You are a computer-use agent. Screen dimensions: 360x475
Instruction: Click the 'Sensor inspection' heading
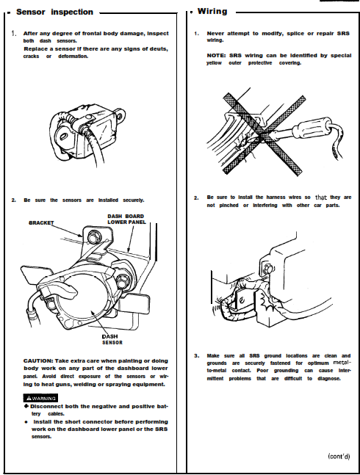click(54, 12)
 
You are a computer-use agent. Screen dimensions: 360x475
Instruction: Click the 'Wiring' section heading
click(212, 12)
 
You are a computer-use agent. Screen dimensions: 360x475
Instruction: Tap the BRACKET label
click(41, 222)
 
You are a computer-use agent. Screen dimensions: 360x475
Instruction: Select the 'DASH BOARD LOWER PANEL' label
click(126, 219)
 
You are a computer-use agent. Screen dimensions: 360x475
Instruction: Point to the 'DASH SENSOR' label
click(112, 339)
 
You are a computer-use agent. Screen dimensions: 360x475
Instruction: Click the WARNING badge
click(40, 398)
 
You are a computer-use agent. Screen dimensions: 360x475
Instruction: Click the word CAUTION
click(38, 360)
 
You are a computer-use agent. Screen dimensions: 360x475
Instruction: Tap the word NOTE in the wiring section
click(216, 56)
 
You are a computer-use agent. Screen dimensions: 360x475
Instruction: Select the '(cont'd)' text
click(339, 456)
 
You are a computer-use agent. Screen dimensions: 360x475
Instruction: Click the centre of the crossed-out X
click(264, 134)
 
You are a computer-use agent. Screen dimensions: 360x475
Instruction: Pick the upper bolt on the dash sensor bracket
click(93, 236)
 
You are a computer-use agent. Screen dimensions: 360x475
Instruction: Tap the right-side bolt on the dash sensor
click(122, 280)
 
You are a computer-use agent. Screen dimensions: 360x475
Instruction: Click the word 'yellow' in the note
click(214, 63)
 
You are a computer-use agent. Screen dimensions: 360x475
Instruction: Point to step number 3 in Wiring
click(197, 356)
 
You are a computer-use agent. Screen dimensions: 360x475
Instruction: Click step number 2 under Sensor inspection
click(14, 200)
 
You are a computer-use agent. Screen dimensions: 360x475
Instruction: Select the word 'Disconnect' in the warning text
click(47, 406)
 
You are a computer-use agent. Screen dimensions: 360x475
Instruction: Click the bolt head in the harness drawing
click(268, 269)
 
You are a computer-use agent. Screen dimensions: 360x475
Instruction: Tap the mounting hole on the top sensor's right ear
click(120, 116)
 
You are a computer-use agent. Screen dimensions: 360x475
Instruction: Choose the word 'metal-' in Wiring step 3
click(342, 363)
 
